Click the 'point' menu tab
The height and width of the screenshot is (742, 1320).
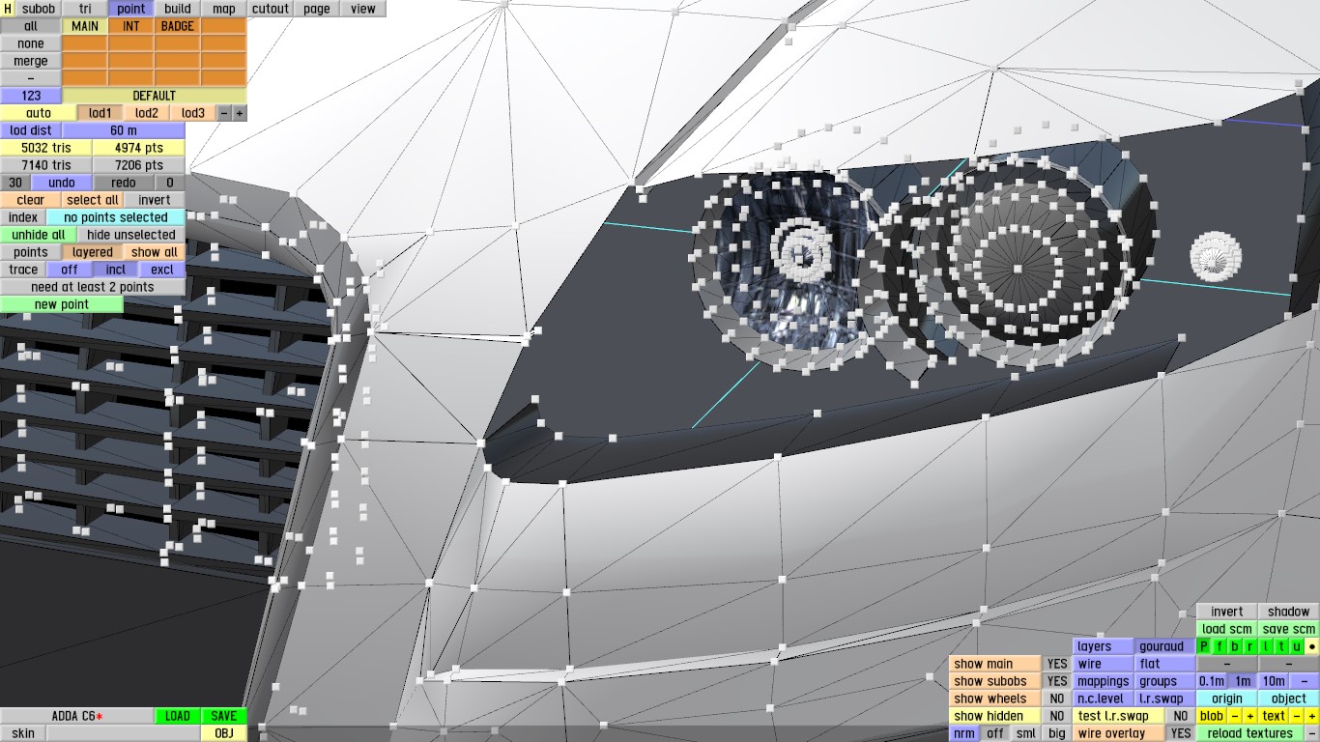(130, 9)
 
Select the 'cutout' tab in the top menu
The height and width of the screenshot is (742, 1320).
(270, 9)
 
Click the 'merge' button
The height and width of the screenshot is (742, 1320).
(31, 61)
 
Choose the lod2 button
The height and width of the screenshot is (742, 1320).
(146, 113)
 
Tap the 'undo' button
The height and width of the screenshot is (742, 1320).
(61, 183)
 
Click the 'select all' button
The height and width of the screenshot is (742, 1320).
(93, 200)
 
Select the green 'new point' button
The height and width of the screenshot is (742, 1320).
(61, 304)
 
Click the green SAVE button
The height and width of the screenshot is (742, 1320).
(224, 716)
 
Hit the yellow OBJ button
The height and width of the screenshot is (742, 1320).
(224, 733)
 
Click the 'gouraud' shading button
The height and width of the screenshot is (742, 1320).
(1161, 646)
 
